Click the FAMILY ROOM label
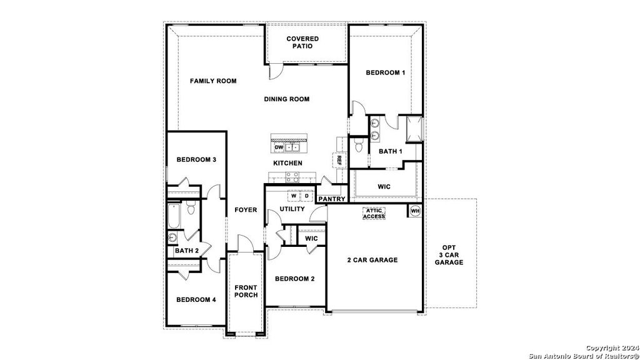(x=213, y=81)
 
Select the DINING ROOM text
(x=286, y=99)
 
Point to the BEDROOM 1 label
(x=385, y=72)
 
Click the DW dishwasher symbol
(x=279, y=147)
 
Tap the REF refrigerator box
(x=339, y=160)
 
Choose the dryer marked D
(x=307, y=196)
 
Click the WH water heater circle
(x=415, y=211)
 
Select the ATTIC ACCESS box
(x=374, y=213)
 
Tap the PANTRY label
(x=332, y=199)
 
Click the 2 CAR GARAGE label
(x=372, y=260)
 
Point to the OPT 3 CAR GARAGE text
(x=449, y=254)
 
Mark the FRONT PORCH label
(x=246, y=291)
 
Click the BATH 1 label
(x=391, y=151)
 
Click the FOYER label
(x=246, y=210)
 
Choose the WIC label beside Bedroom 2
(x=311, y=239)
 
